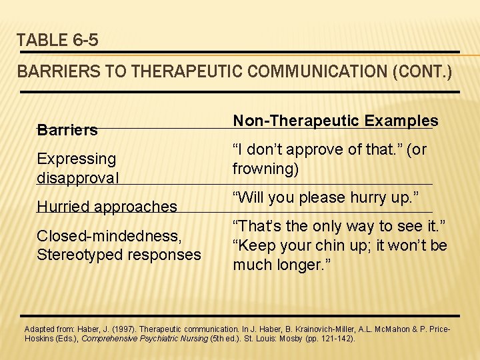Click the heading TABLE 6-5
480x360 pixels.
pos(57,40)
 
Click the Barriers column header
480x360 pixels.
pos(67,130)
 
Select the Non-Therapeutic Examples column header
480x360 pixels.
pos(335,121)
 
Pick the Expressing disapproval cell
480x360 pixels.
pos(78,168)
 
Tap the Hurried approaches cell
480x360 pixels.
pos(107,207)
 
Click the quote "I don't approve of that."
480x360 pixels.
pos(315,150)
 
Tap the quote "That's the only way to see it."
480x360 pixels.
pos(339,226)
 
